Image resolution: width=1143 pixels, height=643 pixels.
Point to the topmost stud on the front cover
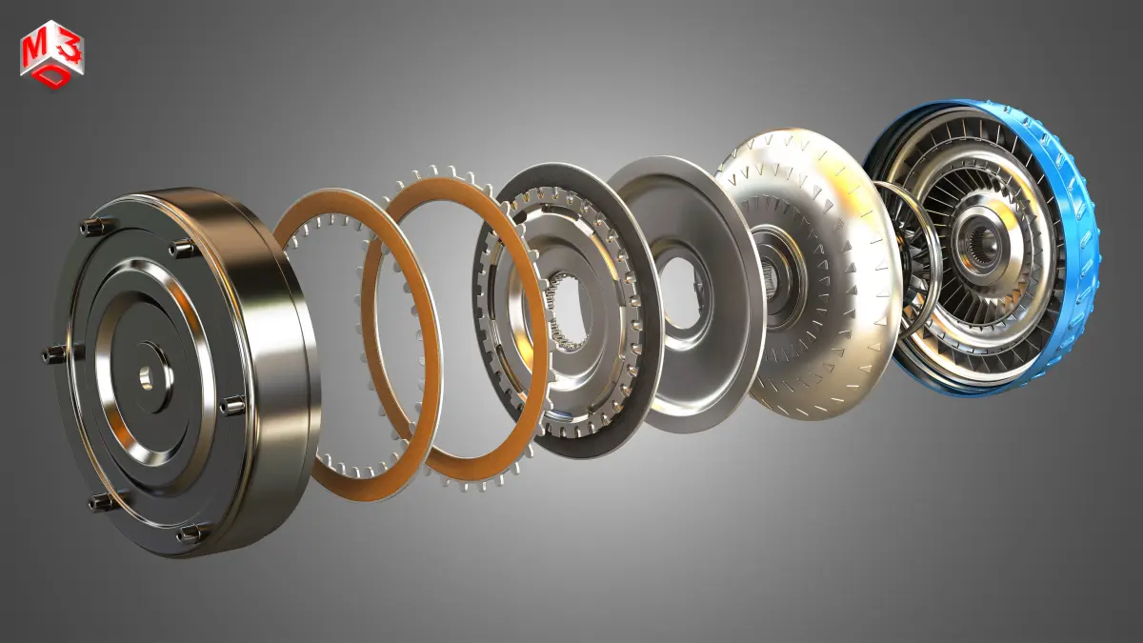[x=90, y=227]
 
